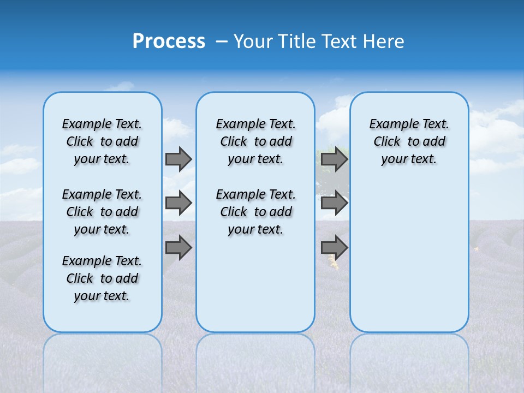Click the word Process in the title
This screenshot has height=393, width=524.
coord(169,41)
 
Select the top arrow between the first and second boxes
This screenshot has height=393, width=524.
coord(178,159)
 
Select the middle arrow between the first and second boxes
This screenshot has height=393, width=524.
coord(178,203)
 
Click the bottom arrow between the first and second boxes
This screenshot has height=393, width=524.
coord(178,248)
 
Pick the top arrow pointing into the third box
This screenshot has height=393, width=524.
coord(334,159)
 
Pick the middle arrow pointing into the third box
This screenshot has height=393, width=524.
coord(334,203)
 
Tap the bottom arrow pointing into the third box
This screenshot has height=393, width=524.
coord(334,248)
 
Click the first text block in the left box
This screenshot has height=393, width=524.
coord(102,141)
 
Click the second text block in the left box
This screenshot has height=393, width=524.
coord(102,212)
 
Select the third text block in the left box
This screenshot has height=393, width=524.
coord(102,278)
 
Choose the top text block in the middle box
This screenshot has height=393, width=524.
coord(255,141)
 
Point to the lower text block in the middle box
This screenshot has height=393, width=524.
coord(255,212)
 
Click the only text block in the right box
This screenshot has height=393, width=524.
coord(409,141)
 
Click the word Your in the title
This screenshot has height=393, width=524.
coord(254,41)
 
